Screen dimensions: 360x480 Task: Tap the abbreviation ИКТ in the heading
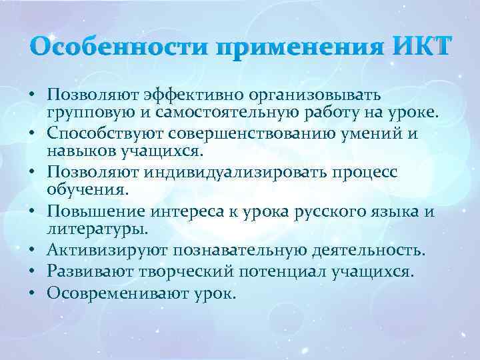(x=421, y=48)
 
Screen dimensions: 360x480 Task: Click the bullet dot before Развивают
(x=33, y=271)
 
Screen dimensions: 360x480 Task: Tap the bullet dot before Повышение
(x=33, y=211)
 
